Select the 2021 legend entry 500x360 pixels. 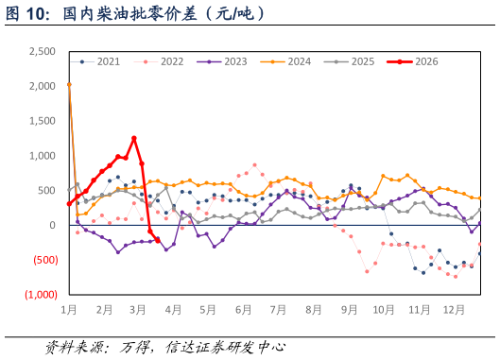108,61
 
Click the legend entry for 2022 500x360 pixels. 171,61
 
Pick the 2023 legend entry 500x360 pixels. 234,61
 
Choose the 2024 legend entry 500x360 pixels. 299,61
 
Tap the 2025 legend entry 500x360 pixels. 363,61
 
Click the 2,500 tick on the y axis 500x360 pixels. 43,51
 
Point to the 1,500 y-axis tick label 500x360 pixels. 43,121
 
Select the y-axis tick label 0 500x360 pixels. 54,225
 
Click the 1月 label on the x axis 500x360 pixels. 69,309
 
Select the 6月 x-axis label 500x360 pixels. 243,309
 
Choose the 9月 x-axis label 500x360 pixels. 349,309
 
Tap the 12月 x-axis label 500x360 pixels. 454,309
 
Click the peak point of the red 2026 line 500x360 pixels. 134,138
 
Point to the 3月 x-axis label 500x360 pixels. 138,309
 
